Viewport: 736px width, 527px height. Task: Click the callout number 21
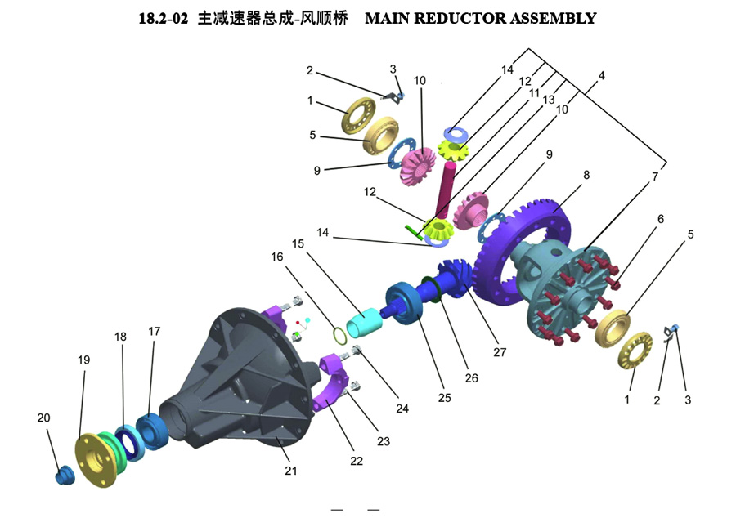[x=291, y=471]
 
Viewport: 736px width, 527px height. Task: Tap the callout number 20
[x=43, y=418]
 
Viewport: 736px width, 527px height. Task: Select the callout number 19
[x=83, y=360]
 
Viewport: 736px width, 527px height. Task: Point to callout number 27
[x=500, y=353]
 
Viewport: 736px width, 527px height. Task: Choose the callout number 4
[x=601, y=76]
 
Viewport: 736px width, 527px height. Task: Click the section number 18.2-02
[x=164, y=18]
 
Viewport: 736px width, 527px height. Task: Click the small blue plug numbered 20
[x=62, y=476]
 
